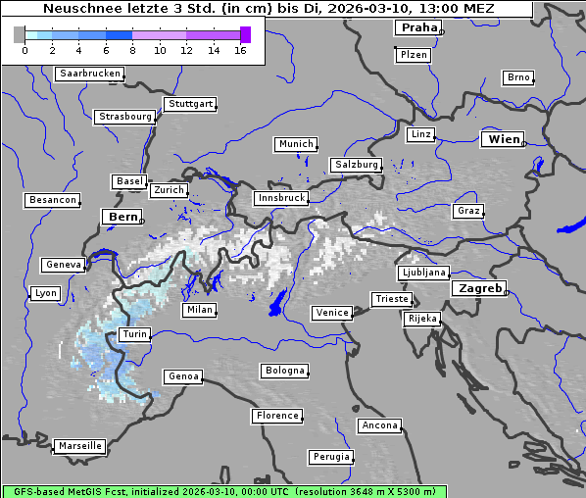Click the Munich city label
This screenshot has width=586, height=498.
pos(296,144)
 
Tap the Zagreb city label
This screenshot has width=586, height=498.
pos(479,289)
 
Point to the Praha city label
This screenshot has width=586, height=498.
pos(417,27)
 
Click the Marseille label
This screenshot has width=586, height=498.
pos(80,446)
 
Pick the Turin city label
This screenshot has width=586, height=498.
pos(134,334)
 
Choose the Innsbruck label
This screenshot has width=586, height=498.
pos(280,198)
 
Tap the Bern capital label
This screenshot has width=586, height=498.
pos(122,217)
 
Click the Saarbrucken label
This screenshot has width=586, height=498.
pos(90,74)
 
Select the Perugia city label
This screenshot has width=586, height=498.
pos(330,457)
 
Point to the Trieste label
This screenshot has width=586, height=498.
pos(391,299)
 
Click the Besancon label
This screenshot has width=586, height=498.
pos(53,200)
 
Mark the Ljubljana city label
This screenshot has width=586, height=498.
pos(423,273)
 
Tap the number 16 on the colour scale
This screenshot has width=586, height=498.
pos(240,50)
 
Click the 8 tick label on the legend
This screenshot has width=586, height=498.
pos(132,50)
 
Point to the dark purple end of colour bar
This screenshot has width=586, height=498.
pos(245,35)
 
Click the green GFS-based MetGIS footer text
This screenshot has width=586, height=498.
pos(223,491)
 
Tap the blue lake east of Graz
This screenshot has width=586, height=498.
pos(568,228)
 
